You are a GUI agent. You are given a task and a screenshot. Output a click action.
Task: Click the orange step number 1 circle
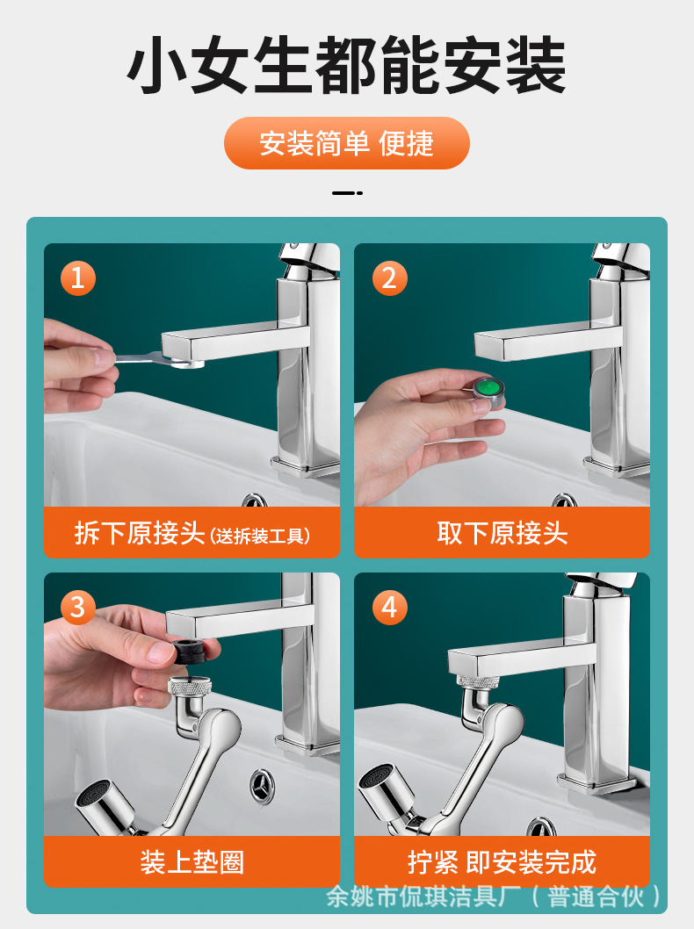[77, 277]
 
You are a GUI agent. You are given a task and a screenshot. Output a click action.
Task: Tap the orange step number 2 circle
[389, 277]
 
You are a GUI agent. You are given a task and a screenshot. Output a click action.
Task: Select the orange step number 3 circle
[77, 608]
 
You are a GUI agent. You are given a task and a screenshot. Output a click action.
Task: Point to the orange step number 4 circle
[389, 608]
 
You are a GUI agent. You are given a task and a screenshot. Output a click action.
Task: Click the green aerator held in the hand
[489, 391]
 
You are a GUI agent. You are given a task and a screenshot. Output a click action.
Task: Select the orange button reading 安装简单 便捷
[347, 143]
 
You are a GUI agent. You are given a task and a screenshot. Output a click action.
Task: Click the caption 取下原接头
[502, 533]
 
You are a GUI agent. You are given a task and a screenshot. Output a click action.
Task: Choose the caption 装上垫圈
[192, 862]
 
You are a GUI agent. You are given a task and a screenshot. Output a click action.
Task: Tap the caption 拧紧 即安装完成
[502, 862]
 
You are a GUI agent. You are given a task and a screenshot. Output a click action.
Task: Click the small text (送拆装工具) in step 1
[260, 537]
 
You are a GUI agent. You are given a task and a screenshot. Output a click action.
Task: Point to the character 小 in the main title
[156, 65]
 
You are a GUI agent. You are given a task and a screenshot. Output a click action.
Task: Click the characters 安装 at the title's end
[503, 65]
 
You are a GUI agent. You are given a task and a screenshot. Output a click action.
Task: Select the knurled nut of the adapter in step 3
[190, 688]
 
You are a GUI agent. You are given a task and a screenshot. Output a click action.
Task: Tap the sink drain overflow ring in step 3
[263, 785]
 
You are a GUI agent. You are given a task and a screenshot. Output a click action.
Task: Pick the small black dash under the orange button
[347, 193]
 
